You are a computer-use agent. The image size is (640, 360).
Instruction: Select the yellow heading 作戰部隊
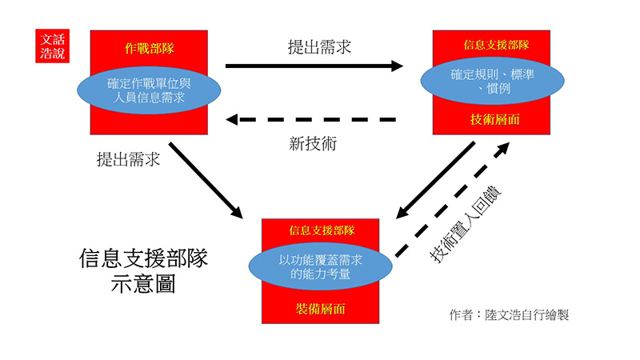coord(150,48)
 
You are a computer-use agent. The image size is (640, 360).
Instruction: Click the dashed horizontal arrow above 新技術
coord(312,120)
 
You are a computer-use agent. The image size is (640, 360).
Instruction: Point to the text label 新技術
coord(313,145)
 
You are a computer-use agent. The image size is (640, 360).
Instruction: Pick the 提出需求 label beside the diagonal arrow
coord(128,158)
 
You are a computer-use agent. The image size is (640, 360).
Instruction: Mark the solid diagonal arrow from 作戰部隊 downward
coord(206,181)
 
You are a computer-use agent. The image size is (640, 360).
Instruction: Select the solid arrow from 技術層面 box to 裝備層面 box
coord(437,179)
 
